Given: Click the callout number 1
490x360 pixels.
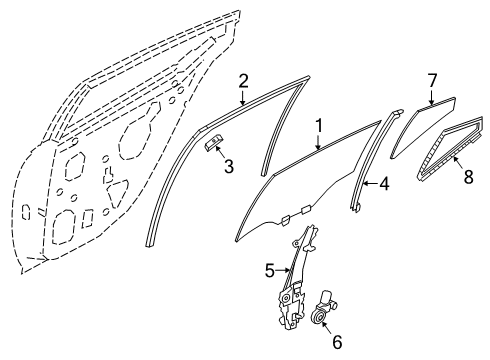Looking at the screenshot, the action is (319, 126).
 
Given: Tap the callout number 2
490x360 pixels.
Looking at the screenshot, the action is (243, 81).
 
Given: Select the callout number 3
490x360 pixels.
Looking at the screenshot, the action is (229, 166).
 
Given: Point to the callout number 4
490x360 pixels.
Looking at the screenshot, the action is (384, 184).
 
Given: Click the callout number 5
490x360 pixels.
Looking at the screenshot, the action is (270, 270).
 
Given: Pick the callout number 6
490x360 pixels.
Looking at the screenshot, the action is (337, 342).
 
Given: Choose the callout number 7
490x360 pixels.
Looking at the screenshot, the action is (432, 81).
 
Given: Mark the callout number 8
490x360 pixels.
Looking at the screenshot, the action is (468, 177).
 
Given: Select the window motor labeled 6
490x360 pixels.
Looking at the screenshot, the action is (323, 307).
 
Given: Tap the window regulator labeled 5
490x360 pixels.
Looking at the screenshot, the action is (296, 279).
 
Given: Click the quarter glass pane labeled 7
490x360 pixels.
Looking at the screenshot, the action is (423, 127).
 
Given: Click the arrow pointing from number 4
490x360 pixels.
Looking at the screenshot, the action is (371, 183).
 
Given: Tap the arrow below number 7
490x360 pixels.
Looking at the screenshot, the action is (431, 97).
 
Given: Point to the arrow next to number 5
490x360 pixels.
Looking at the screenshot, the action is (283, 270).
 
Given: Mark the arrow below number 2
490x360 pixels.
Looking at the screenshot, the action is (243, 97).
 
